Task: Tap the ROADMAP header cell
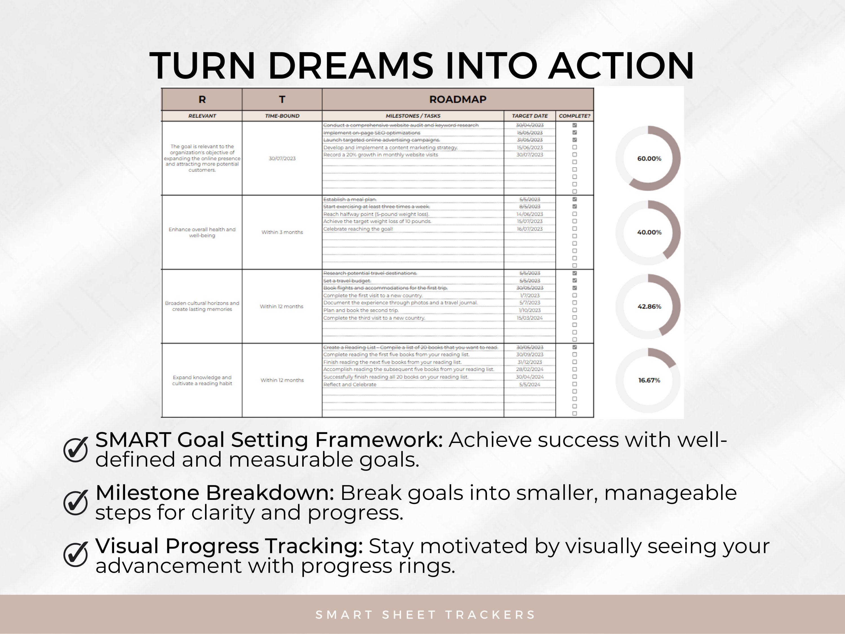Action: point(458,99)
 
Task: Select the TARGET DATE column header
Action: point(530,116)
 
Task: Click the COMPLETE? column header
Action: point(574,116)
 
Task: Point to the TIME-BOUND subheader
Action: point(282,116)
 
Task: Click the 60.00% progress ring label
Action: point(649,159)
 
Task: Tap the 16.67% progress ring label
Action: point(649,380)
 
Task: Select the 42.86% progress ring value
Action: point(649,307)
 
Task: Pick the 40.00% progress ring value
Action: point(649,232)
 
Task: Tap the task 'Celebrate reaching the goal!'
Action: point(358,229)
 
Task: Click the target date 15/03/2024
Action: point(530,318)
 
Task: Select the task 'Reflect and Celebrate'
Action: point(350,384)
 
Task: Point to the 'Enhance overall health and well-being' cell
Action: point(202,232)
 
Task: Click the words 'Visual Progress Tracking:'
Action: point(229,546)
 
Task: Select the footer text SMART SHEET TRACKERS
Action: point(425,615)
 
